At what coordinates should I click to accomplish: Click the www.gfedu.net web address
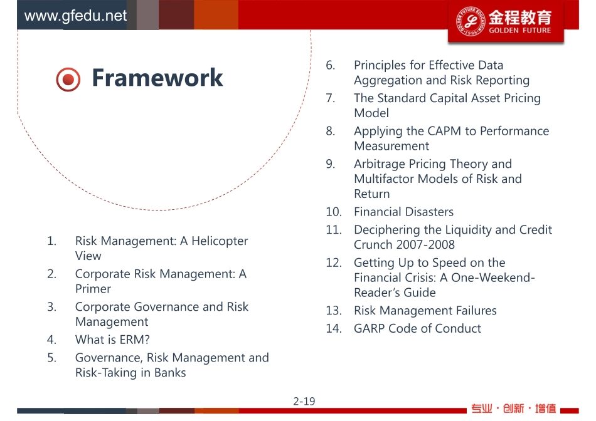[x=75, y=16]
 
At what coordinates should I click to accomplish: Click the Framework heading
[x=157, y=78]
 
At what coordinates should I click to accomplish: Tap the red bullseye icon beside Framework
[x=68, y=80]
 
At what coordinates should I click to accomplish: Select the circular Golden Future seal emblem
[x=471, y=21]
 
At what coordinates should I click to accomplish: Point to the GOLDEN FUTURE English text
[x=519, y=30]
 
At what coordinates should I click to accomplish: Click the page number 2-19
[x=304, y=401]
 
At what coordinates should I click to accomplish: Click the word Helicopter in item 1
[x=220, y=241]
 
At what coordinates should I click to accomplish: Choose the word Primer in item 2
[x=93, y=289]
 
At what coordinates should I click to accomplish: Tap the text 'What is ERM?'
[x=112, y=340]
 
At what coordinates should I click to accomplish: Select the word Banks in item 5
[x=170, y=372]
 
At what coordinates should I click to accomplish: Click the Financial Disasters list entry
[x=403, y=212]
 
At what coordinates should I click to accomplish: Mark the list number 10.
[x=334, y=212]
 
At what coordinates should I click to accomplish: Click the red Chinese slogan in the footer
[x=514, y=408]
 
